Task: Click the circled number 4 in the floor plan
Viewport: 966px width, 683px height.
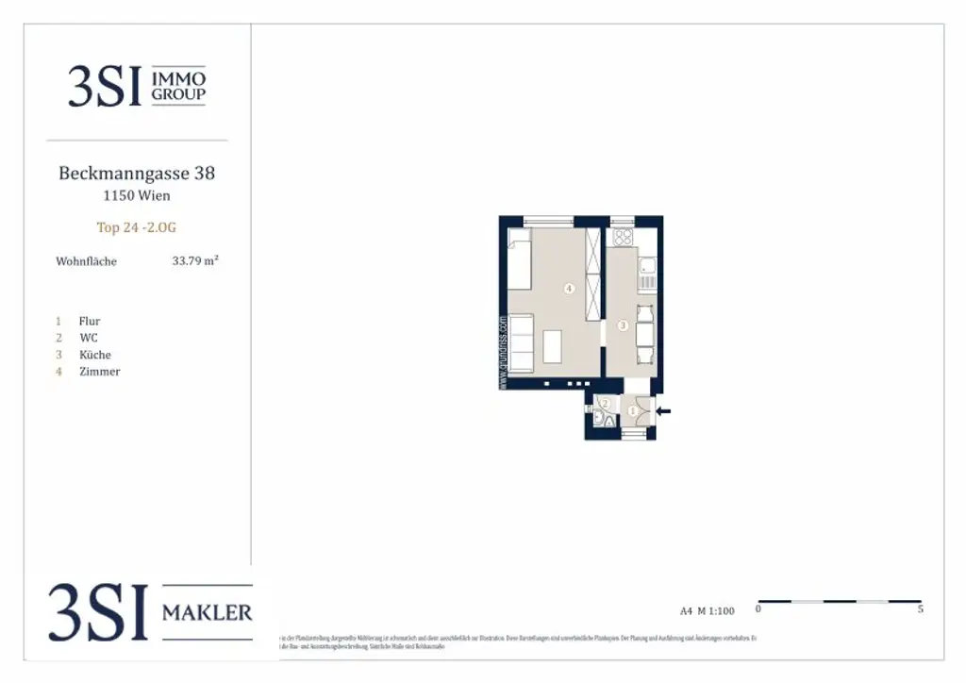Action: (569, 289)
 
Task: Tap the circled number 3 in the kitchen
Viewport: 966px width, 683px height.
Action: (623, 325)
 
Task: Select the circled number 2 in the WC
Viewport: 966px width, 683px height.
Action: (606, 403)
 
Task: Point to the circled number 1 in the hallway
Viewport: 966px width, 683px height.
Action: (633, 410)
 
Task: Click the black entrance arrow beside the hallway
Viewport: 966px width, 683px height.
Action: (665, 410)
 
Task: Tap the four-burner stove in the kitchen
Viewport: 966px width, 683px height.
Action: (622, 237)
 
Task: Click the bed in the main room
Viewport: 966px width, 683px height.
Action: (521, 263)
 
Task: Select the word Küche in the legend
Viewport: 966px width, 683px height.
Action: (94, 355)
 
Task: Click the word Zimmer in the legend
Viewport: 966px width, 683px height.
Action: (99, 372)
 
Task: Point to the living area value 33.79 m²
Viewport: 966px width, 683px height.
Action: (195, 261)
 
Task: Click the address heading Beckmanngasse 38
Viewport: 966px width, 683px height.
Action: (137, 174)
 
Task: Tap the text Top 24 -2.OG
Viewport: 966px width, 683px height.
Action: (136, 227)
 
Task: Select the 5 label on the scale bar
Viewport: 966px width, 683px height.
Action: (920, 610)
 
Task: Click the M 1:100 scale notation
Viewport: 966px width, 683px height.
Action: (714, 610)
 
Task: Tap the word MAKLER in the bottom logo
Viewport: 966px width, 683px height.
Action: (208, 613)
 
